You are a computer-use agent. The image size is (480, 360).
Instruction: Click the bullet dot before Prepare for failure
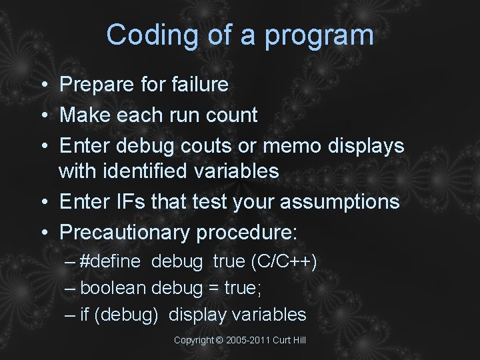[42, 85]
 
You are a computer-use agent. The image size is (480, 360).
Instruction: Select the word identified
[148, 171]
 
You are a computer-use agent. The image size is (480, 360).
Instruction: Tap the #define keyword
[110, 261]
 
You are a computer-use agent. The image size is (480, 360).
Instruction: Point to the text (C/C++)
[283, 261]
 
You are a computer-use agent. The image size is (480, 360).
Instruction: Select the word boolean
[113, 288]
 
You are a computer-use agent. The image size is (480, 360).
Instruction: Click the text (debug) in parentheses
[127, 315]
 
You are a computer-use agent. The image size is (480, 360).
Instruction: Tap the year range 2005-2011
[247, 341]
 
